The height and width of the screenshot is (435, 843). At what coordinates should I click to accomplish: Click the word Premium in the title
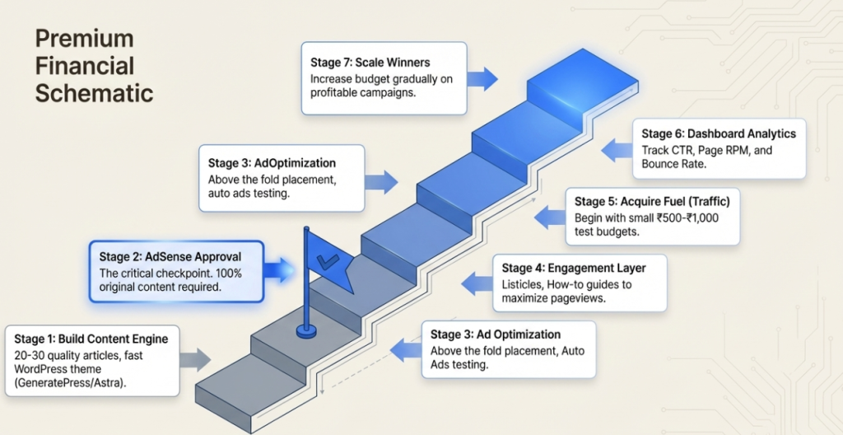point(84,39)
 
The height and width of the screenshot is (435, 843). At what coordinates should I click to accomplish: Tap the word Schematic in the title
point(94,92)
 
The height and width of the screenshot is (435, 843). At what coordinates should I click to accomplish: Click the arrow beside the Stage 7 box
point(483,79)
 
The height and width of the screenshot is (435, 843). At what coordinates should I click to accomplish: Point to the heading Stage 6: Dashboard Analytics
point(719,133)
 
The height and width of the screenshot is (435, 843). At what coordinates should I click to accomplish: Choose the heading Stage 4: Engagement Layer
point(574,268)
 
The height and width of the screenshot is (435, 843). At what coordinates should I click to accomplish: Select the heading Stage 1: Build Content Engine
point(91,339)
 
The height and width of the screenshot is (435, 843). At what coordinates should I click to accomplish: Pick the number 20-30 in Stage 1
point(32,355)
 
